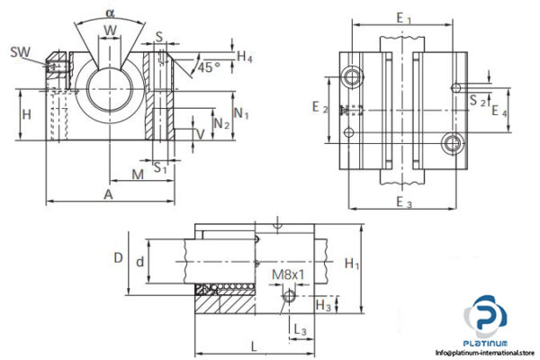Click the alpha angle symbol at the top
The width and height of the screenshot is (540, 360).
tap(110, 13)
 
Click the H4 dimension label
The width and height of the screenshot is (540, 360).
tap(245, 56)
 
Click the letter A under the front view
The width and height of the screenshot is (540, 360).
tap(108, 193)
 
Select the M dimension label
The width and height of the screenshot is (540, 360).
tap(138, 173)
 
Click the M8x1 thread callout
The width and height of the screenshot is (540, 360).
tap(287, 274)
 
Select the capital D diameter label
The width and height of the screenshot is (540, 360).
tap(118, 257)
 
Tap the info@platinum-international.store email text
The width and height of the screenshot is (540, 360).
tap(486, 353)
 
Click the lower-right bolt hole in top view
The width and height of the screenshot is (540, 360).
tap(453, 143)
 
